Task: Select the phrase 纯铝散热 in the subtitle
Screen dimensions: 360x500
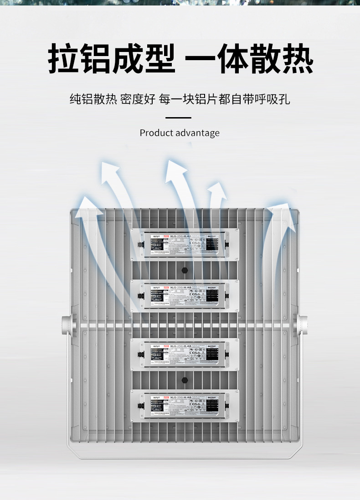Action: (x=93, y=99)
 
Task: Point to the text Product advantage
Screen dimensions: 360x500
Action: (x=180, y=133)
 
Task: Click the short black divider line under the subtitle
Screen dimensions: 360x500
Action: (x=178, y=118)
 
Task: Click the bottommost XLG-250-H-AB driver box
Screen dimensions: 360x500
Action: (x=185, y=405)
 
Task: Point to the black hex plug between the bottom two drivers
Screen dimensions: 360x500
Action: (x=185, y=380)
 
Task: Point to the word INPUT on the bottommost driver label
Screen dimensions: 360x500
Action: (x=156, y=398)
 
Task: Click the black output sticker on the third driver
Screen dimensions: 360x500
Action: (x=212, y=355)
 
